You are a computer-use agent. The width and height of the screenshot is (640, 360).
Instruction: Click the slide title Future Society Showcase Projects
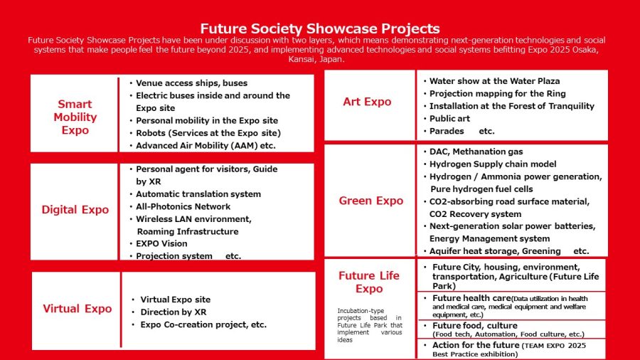[x=320, y=28]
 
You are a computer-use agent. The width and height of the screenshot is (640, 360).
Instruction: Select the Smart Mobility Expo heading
[x=75, y=117]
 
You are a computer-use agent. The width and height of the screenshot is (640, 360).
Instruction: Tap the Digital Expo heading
[x=75, y=209]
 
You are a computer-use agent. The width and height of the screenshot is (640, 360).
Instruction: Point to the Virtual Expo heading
[x=77, y=308]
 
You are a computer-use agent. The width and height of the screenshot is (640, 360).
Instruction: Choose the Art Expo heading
[x=367, y=101]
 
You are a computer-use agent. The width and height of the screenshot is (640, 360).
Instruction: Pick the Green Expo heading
[x=371, y=201]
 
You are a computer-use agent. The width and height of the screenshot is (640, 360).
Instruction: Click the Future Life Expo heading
[x=369, y=282]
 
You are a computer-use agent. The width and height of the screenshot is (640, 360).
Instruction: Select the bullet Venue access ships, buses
[x=191, y=83]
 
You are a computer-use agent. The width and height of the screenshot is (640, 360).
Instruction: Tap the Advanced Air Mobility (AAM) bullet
[x=206, y=145]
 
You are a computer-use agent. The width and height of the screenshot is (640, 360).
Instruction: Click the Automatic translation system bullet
[x=198, y=194]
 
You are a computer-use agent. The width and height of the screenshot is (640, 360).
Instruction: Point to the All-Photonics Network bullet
[x=183, y=206]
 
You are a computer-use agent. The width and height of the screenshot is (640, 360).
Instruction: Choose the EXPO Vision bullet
[x=161, y=243]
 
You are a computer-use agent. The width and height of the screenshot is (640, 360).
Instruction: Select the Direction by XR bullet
[x=174, y=312]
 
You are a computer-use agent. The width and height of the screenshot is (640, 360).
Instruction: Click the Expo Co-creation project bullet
[x=203, y=324]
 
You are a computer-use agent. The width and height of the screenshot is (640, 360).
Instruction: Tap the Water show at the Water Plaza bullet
[x=495, y=81]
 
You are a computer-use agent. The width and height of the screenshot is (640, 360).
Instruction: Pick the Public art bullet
[x=449, y=118]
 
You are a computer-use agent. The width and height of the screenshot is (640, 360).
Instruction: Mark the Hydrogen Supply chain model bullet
[x=493, y=164]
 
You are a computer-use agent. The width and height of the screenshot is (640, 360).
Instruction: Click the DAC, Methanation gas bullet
[x=476, y=152]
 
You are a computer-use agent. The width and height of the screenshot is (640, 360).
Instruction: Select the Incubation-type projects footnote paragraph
[x=369, y=325]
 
